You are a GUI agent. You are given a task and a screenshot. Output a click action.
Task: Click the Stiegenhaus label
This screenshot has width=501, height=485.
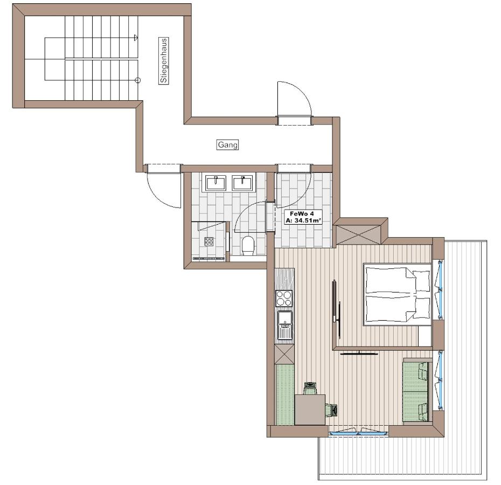[x=163, y=60]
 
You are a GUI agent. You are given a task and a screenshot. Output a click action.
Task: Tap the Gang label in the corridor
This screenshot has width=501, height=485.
[x=228, y=144]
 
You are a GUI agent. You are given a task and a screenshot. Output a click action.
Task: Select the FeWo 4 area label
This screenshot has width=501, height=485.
[x=302, y=217]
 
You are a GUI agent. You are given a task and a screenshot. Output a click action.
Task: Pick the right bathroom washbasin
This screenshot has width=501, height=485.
[x=243, y=183]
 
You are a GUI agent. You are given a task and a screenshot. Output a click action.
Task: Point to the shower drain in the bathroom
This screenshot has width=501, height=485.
[x=208, y=241]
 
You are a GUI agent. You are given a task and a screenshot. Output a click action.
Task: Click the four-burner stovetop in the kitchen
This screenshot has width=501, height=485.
[x=284, y=298]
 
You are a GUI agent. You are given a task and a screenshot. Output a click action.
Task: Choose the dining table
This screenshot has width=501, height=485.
[x=310, y=409]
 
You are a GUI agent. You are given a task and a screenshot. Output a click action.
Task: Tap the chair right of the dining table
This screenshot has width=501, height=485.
[x=331, y=410]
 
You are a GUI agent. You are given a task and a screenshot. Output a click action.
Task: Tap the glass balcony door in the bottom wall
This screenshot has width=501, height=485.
[x=358, y=432]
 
